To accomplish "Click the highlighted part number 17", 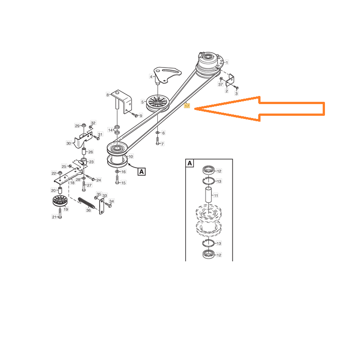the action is coord(187,106).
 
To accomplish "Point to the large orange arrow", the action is coord(260,109).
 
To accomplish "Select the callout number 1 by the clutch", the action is coord(227,62).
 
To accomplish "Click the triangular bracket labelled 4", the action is coord(168,75).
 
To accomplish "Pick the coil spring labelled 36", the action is coord(86,203).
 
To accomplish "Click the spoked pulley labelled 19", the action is coord(59,201).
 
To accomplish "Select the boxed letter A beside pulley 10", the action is coord(142,172).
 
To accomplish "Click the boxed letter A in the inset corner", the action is coord(190,163).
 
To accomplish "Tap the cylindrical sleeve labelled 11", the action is coord(208,195).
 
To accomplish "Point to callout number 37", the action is coord(220,84).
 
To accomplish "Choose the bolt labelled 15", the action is coord(117,179).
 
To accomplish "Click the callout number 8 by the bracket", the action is coord(108,95).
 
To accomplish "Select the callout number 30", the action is coord(69,143).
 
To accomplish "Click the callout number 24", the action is coord(99,180).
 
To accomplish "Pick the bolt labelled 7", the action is coord(158,141).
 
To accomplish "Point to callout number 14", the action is coord(110,130).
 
